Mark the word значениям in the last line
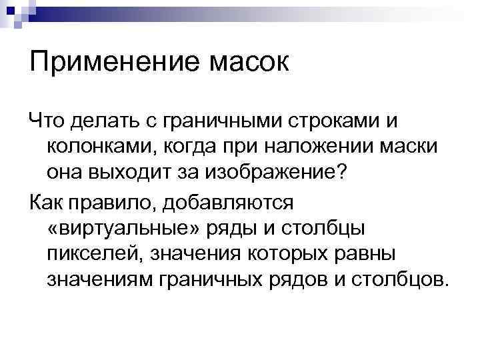coord(100,277)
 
